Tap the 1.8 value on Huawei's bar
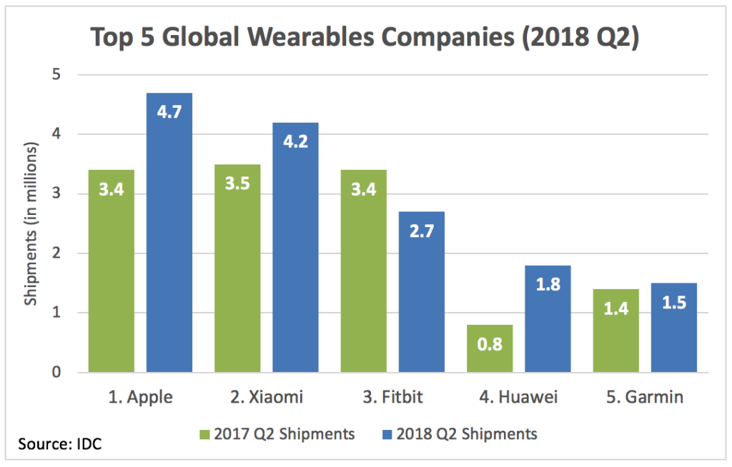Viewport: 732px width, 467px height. [x=548, y=285]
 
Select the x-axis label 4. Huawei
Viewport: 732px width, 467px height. [x=519, y=398]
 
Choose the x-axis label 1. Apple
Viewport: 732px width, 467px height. [x=140, y=398]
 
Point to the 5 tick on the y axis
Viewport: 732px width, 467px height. [x=57, y=74]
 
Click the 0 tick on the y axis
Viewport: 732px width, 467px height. [x=57, y=372]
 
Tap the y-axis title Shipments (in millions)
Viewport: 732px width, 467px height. [x=31, y=224]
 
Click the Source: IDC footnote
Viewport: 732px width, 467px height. [x=60, y=444]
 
